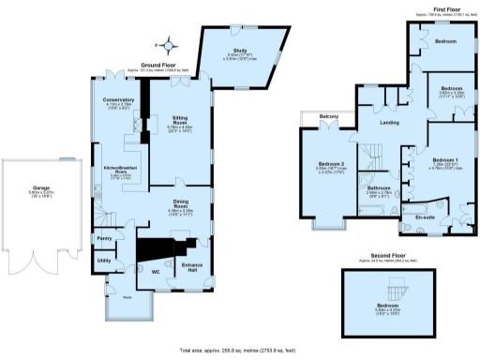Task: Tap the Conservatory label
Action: click(x=119, y=99)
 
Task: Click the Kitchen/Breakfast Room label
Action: click(x=120, y=170)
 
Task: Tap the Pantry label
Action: click(x=104, y=238)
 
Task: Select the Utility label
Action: click(x=104, y=260)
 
